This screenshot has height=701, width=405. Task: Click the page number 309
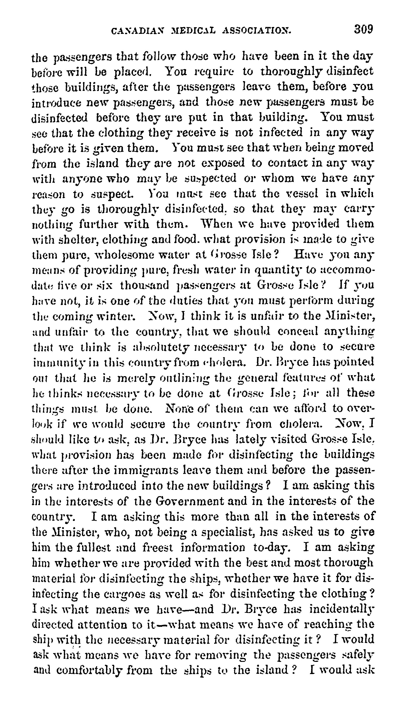click(363, 29)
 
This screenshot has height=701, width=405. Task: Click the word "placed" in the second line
click(132, 72)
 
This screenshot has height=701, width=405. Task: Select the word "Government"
click(189, 501)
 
